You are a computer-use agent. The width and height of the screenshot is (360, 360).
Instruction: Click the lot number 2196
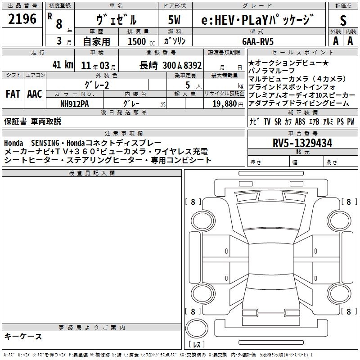pos(22,19)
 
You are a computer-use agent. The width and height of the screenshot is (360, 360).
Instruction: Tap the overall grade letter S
pos(343,20)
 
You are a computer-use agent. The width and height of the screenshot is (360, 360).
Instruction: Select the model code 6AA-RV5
pos(258,41)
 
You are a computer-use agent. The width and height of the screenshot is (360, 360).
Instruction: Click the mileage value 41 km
pos(63,64)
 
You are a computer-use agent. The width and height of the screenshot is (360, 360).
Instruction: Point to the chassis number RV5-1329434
pos(302,143)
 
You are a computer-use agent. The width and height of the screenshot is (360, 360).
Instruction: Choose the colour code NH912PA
pos(74,104)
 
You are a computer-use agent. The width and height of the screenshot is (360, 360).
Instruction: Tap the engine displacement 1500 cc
pos(141,41)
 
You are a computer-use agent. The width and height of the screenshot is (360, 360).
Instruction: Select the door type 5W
pos(174,20)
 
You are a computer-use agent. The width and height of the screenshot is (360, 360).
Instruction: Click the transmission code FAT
pos(13,94)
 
